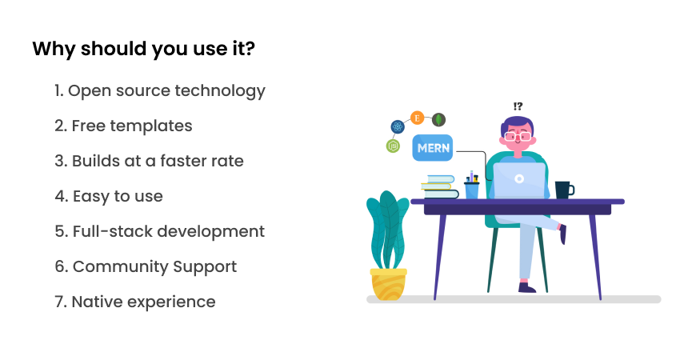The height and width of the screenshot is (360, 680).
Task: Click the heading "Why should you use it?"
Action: pyautogui.click(x=143, y=49)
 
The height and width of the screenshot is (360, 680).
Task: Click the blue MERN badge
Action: pyautogui.click(x=432, y=148)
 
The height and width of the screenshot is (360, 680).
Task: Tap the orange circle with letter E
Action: pyautogui.click(x=417, y=118)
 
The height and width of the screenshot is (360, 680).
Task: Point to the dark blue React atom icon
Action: pyautogui.click(x=398, y=126)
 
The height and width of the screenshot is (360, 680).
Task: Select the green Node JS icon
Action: pyautogui.click(x=393, y=146)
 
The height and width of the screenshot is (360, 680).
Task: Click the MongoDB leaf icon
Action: pyautogui.click(x=438, y=119)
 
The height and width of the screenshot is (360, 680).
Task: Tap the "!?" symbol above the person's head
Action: pyautogui.click(x=518, y=106)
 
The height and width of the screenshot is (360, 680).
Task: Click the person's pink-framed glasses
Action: pyautogui.click(x=517, y=137)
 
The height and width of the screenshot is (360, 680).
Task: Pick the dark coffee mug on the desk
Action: pyautogui.click(x=565, y=190)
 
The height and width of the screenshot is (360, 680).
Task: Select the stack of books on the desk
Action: pyautogui.click(x=439, y=187)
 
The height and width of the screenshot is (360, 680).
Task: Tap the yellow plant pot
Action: pyautogui.click(x=389, y=285)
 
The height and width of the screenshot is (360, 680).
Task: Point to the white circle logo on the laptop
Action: pyautogui.click(x=519, y=178)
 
